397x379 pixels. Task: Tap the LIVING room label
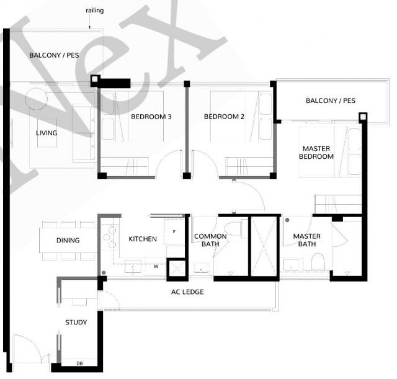point(47,133)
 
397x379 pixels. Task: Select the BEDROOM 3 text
point(151,117)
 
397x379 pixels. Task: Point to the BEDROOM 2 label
point(224,117)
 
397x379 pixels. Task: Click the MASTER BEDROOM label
point(318,153)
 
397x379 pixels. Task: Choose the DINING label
point(68,240)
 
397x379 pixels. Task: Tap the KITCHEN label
point(142,239)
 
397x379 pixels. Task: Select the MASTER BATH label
point(306,240)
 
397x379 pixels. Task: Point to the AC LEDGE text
point(188,292)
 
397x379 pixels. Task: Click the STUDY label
point(76,322)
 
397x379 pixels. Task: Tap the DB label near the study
point(79,363)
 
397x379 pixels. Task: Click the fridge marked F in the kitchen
point(174,231)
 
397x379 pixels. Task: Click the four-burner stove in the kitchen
point(109,236)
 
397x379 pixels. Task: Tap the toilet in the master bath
point(318,261)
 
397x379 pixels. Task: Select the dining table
point(68,241)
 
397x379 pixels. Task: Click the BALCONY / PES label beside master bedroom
point(330,100)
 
